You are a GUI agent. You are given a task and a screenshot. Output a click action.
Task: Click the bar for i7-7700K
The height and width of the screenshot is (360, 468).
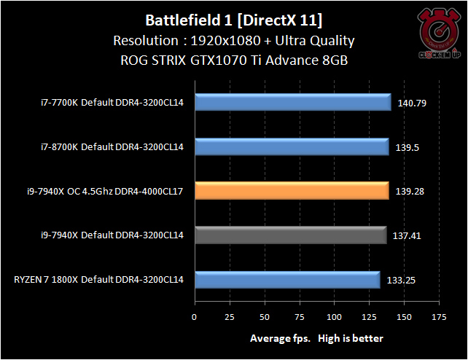click(x=292, y=102)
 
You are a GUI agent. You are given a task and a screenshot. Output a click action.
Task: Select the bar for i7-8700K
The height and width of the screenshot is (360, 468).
click(x=291, y=147)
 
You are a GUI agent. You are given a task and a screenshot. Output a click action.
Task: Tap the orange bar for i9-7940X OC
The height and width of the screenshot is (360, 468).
click(x=291, y=191)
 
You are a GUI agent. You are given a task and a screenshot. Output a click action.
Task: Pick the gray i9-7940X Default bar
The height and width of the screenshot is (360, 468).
click(x=289, y=235)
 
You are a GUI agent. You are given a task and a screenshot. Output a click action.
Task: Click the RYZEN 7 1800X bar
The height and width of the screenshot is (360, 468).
click(x=286, y=279)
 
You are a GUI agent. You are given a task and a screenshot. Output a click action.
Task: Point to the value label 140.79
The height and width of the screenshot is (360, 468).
click(x=412, y=103)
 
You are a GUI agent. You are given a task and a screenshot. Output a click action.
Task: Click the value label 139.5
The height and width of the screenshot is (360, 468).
click(x=408, y=148)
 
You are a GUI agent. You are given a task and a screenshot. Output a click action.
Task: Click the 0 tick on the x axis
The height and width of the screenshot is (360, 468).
click(x=194, y=318)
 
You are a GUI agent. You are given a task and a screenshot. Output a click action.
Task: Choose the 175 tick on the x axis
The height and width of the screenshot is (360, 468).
click(x=439, y=318)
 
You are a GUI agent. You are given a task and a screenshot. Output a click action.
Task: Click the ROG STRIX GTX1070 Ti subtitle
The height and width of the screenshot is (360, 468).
click(x=233, y=60)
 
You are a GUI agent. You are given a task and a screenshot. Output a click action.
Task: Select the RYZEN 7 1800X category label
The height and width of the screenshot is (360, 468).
click(x=98, y=279)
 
